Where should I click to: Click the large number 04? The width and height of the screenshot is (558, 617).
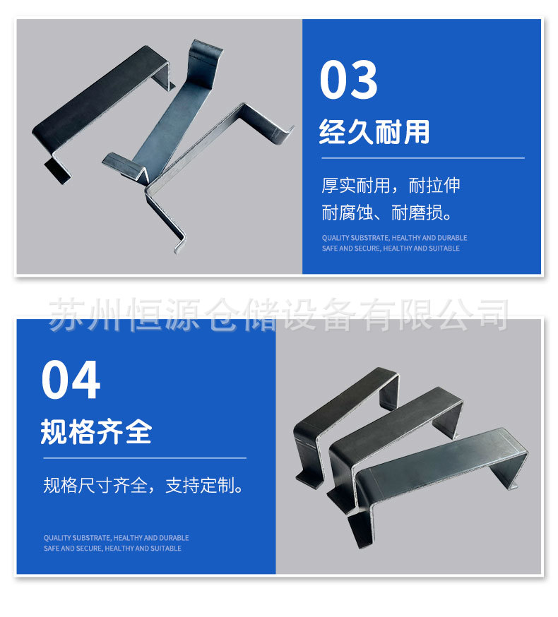[x=71, y=381]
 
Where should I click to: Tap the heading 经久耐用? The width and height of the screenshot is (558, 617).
[x=374, y=131]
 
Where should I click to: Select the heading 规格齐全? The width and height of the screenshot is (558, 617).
[x=96, y=431]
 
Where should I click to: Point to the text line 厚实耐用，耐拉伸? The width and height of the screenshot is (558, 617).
[x=391, y=186]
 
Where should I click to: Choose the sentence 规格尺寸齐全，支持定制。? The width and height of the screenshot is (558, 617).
[x=143, y=486]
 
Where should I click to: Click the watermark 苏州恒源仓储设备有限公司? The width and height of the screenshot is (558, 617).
[x=278, y=314]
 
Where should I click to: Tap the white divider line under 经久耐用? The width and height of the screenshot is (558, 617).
[x=422, y=158]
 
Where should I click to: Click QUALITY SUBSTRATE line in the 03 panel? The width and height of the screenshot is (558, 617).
[x=394, y=238]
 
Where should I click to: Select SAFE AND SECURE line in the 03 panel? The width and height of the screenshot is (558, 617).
[x=391, y=248]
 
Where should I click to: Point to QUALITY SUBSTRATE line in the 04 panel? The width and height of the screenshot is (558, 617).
[x=116, y=538]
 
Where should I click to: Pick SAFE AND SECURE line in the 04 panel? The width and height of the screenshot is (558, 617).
[x=112, y=549]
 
